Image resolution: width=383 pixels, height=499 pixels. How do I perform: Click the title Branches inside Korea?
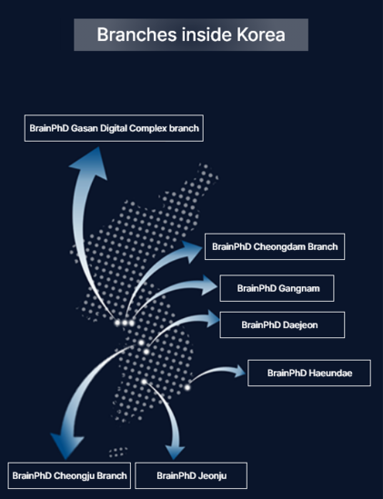coord(191,35)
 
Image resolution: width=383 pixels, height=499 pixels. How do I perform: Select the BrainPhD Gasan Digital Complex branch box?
coord(114,128)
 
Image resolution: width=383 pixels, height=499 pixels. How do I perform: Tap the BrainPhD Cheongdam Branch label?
coord(275,246)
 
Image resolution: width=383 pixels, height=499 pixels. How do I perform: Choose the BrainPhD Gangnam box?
coord(277,288)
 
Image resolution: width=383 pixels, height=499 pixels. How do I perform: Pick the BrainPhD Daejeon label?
coord(279,324)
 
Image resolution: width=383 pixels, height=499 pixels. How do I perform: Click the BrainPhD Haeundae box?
coord(309,373)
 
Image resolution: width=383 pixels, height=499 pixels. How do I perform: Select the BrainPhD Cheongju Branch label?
coord(69,475)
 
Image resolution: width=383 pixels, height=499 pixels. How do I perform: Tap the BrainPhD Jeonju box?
coord(191,475)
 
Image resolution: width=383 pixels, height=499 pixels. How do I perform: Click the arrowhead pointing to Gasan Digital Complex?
coord(89,163)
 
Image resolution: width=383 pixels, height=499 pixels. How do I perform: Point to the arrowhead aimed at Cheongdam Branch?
coord(190,251)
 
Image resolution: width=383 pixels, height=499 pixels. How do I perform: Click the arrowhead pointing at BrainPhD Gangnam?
coord(207,285)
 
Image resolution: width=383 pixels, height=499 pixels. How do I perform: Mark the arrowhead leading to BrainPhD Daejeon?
coord(212,318)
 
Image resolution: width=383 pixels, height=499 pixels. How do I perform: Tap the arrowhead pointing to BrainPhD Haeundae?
coord(239,371)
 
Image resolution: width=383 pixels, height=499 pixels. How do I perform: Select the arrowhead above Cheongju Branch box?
coord(66,446)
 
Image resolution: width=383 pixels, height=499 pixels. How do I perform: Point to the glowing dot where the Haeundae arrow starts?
coord(187,387)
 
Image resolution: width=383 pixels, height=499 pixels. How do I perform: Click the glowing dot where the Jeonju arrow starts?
coord(145,382)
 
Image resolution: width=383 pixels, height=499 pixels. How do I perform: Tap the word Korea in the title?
coord(261,35)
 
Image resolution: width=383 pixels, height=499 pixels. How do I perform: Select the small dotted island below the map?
coord(118,452)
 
